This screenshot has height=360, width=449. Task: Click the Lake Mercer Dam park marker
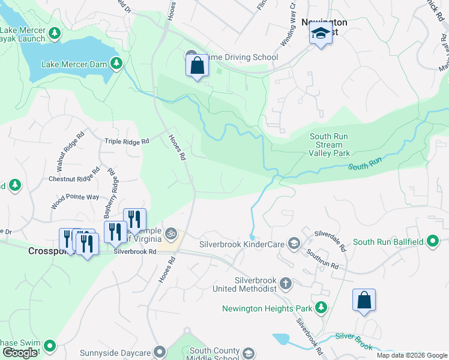(116, 63)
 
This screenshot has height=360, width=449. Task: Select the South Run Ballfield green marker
(432, 242)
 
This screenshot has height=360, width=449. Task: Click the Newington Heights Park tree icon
(322, 308)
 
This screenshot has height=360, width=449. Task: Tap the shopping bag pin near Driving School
(197, 67)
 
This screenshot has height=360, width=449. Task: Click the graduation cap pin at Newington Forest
(321, 35)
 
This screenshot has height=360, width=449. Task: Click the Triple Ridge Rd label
(127, 142)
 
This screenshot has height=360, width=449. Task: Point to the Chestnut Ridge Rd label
(74, 178)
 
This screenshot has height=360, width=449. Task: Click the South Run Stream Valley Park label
(330, 145)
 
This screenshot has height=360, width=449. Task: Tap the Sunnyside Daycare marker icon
(159, 351)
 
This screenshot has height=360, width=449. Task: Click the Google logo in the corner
(20, 353)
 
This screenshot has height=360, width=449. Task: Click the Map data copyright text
(412, 355)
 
